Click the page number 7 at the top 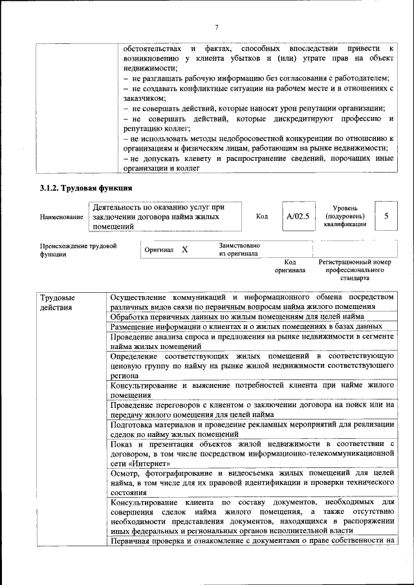tap(217, 27)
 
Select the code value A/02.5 tap(298, 217)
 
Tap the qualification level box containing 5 tap(386, 216)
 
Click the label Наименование tap(61, 218)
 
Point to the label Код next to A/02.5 tap(262, 217)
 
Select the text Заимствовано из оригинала tap(239, 250)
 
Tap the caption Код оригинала tap(289, 266)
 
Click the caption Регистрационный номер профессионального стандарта tap(355, 270)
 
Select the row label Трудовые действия tap(58, 303)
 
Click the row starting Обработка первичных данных tap(237, 317)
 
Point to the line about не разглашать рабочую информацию tap(256, 78)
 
